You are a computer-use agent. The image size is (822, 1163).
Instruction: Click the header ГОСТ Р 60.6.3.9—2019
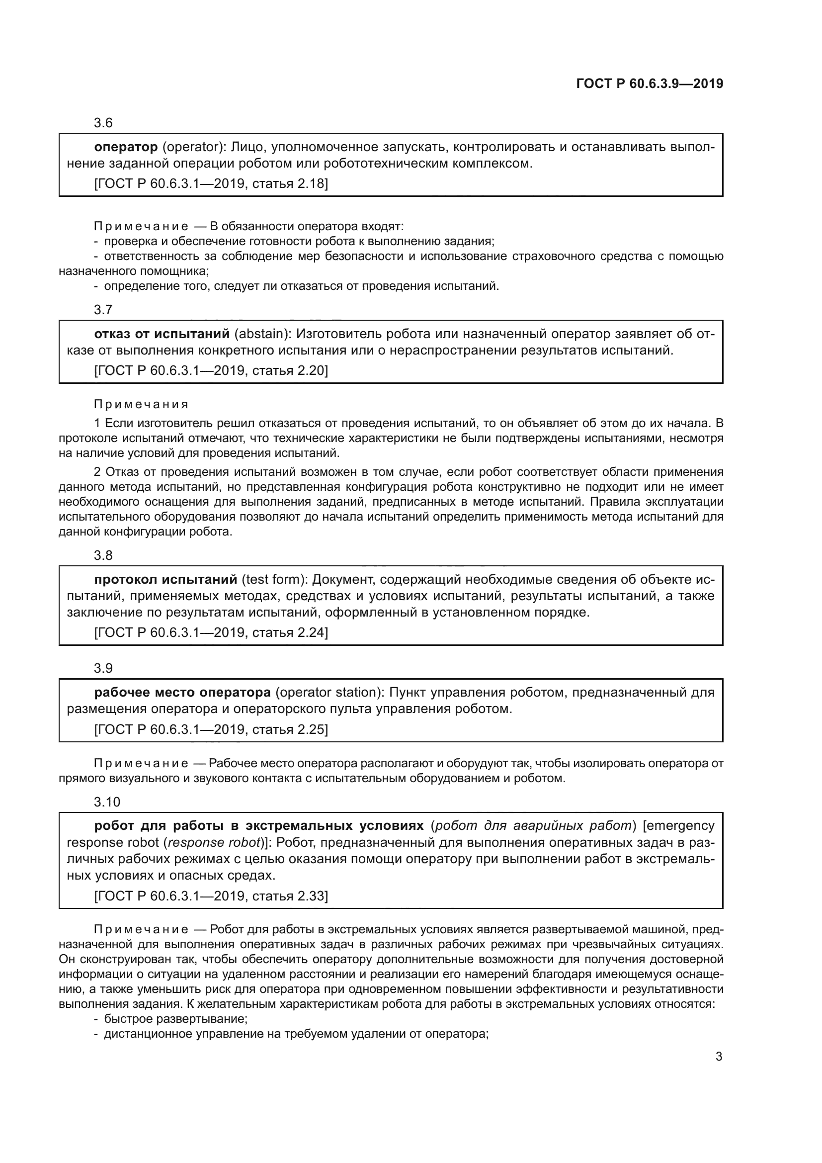[x=650, y=84]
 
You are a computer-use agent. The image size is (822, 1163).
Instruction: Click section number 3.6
[x=103, y=123]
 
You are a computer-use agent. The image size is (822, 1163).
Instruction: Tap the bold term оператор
[x=126, y=147]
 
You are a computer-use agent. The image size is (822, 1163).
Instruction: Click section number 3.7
[x=103, y=309]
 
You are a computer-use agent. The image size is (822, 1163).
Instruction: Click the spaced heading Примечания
[x=141, y=404]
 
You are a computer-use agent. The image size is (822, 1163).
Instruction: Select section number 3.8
[x=103, y=555]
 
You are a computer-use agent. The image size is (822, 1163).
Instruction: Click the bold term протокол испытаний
[x=165, y=579]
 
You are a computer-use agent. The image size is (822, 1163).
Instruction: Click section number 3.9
[x=103, y=668]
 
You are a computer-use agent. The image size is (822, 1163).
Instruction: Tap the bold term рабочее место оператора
[x=182, y=693]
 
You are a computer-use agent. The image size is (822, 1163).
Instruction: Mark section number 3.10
[x=107, y=802]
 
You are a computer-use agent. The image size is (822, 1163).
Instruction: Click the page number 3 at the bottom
[x=719, y=1057]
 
